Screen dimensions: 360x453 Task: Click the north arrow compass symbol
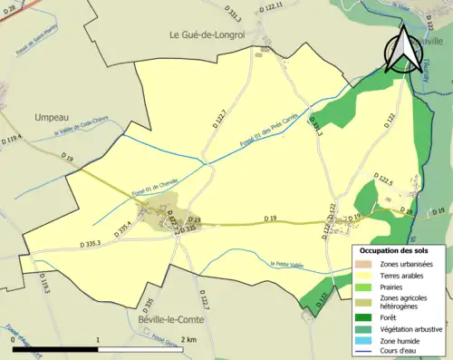point(403,50)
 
